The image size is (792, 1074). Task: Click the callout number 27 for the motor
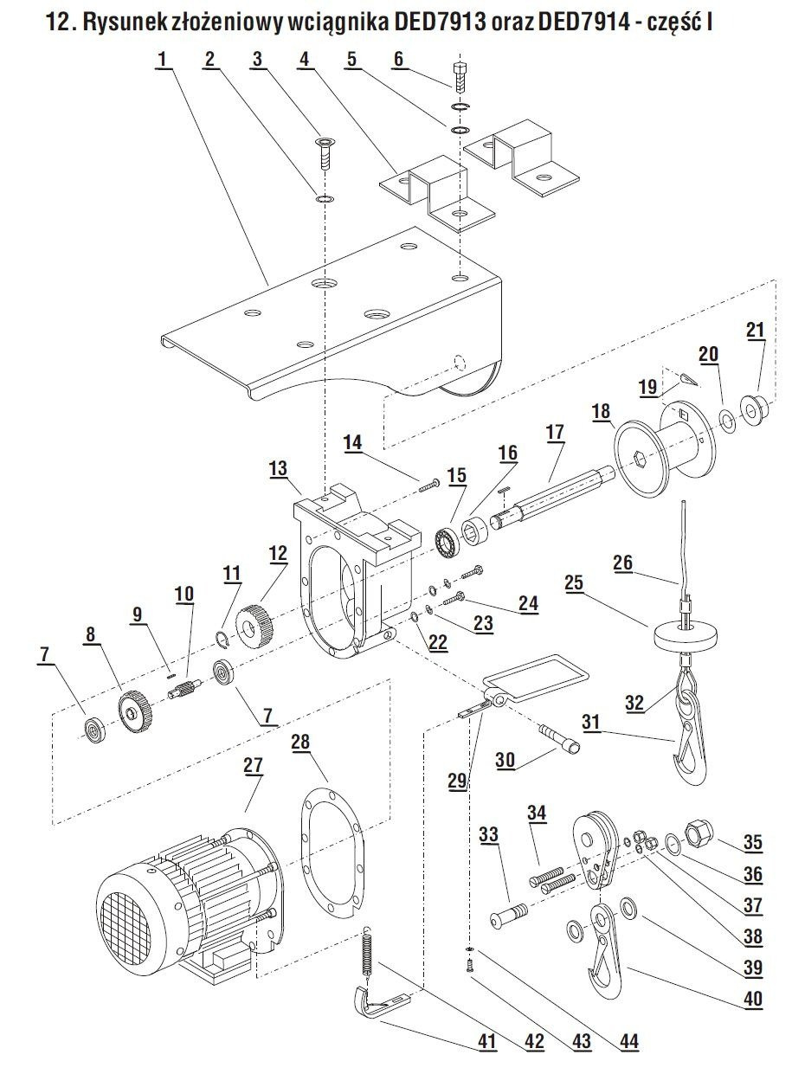pos(252,765)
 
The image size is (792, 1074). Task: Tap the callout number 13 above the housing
pos(278,467)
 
